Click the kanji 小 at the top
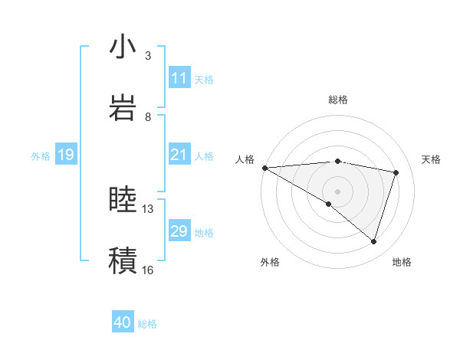point(123,47)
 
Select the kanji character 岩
point(123,106)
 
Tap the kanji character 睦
point(123,200)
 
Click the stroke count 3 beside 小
point(148,56)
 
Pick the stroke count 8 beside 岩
point(148,116)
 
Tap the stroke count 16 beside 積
point(148,270)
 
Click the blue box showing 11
point(179,78)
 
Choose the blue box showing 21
point(179,155)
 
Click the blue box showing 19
point(65,155)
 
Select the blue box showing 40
point(123,323)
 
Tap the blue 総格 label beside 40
point(147,324)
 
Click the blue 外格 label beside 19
point(41,156)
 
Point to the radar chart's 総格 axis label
point(337,100)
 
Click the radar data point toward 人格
point(264,167)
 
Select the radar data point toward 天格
point(396,172)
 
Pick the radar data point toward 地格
point(373,241)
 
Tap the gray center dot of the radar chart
point(337,191)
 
